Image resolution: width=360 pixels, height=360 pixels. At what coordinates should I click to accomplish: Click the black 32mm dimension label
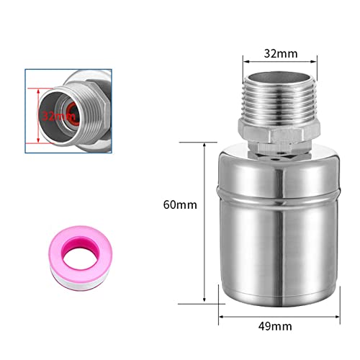pos(281,53)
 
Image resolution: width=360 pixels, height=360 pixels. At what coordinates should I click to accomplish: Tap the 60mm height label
pos(180,205)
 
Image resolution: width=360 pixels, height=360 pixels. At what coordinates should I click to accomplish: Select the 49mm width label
pos(275,326)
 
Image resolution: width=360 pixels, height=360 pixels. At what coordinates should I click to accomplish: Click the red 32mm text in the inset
pos(59,117)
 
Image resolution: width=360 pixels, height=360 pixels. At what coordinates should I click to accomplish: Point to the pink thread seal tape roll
pos(81,257)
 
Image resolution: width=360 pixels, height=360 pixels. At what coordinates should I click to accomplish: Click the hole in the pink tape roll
pos(80,258)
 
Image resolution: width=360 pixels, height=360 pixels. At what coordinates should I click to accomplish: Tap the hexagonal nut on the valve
pos(279,135)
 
